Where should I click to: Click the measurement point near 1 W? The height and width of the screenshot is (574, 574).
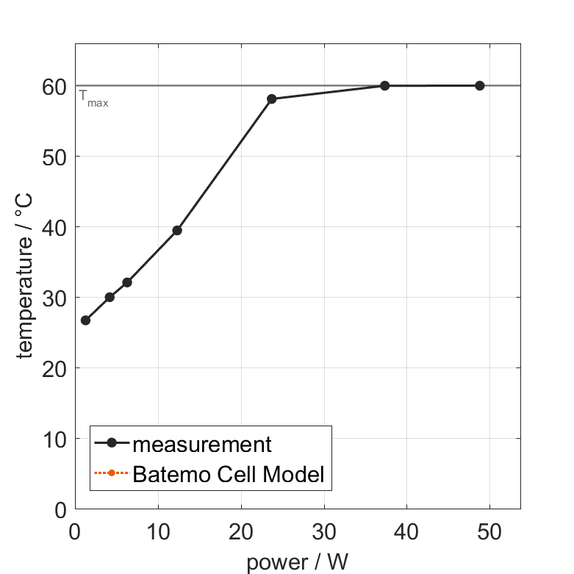pos(85,320)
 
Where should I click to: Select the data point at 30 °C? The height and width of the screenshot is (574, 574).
pos(110,297)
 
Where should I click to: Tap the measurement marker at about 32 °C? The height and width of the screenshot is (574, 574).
pos(127,282)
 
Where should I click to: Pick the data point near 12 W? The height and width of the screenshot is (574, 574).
pos(177,230)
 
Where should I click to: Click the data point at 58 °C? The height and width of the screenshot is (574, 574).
pos(272,98)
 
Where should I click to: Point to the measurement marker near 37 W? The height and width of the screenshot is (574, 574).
pos(384,86)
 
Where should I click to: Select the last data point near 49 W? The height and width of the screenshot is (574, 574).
pos(480,86)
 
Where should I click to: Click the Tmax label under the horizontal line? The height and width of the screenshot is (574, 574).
pos(93,98)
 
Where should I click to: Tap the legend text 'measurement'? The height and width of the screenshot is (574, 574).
pos(202,444)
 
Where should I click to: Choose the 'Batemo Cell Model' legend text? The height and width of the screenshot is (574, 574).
pos(229,474)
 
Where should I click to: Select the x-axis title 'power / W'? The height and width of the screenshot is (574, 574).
pos(297,563)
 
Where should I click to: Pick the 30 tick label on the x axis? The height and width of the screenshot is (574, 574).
pos(324,529)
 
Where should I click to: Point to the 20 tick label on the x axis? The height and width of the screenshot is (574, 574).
pos(241,529)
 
